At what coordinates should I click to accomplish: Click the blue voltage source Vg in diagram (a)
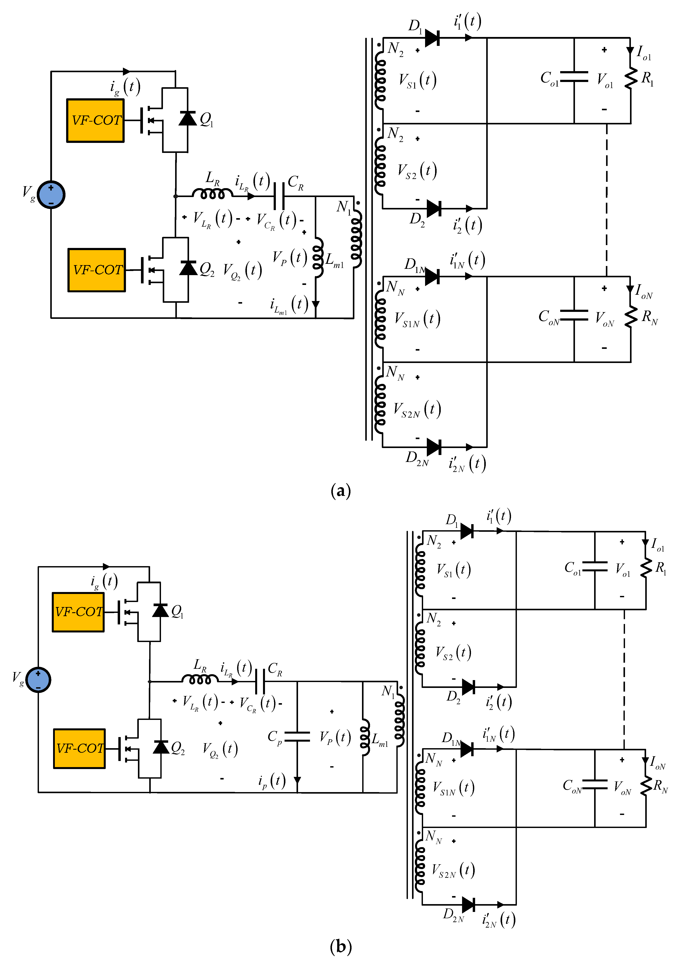[x=51, y=195]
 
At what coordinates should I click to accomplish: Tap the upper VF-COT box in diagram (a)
[x=96, y=121]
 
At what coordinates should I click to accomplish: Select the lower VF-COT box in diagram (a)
[x=97, y=270]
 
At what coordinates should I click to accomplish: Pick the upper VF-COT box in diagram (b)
[x=78, y=612]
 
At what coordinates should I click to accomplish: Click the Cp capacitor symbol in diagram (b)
[x=297, y=736]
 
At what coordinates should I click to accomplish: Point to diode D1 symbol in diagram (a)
[x=432, y=38]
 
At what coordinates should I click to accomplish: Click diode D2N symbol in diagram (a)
[x=434, y=447]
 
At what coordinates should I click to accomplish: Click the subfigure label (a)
[x=341, y=490]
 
